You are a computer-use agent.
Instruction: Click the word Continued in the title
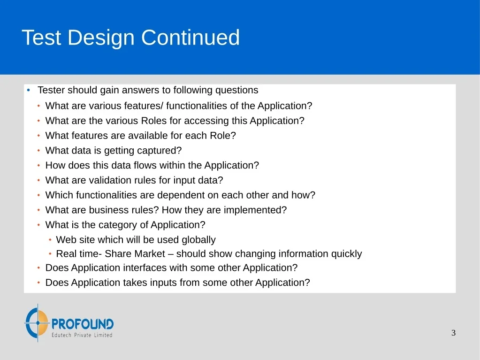tap(190, 38)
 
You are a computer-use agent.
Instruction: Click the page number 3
tap(453, 333)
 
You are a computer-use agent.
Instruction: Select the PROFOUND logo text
tap(83, 324)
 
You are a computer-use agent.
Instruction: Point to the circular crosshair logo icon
tap(37, 322)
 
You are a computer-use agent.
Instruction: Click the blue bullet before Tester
tap(29, 90)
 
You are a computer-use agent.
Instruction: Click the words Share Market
tap(135, 254)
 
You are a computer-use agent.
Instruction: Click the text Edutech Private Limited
tap(82, 335)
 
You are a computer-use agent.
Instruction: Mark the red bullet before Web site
tap(50, 240)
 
